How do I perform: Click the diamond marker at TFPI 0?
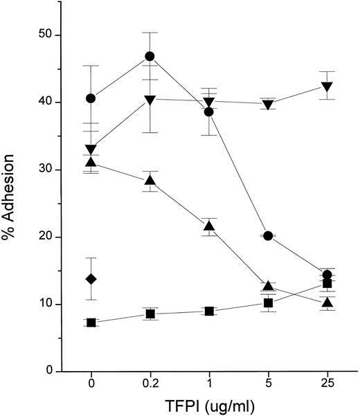tap(91, 279)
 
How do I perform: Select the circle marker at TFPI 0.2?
tap(150, 56)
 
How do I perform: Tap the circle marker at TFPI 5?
tap(268, 236)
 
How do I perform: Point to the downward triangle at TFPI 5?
tap(268, 105)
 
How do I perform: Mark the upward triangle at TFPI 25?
tap(327, 302)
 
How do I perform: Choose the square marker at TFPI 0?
tap(91, 323)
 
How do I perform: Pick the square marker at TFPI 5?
tap(268, 303)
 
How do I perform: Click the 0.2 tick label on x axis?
tap(150, 383)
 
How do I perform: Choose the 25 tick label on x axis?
tap(327, 383)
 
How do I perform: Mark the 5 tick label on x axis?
tap(268, 383)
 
